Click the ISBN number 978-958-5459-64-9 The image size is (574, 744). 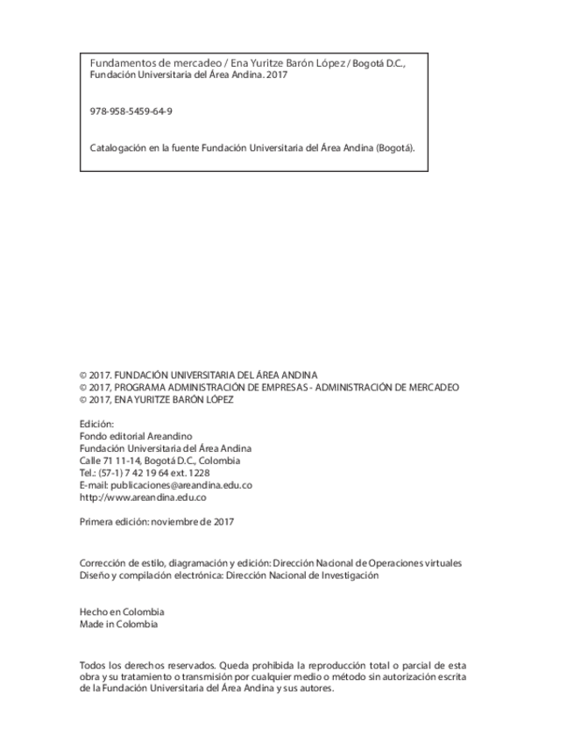tap(131, 111)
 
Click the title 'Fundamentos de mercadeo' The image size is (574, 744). tap(143, 64)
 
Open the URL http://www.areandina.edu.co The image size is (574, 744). tap(143, 497)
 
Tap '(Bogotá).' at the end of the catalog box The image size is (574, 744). tap(395, 147)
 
